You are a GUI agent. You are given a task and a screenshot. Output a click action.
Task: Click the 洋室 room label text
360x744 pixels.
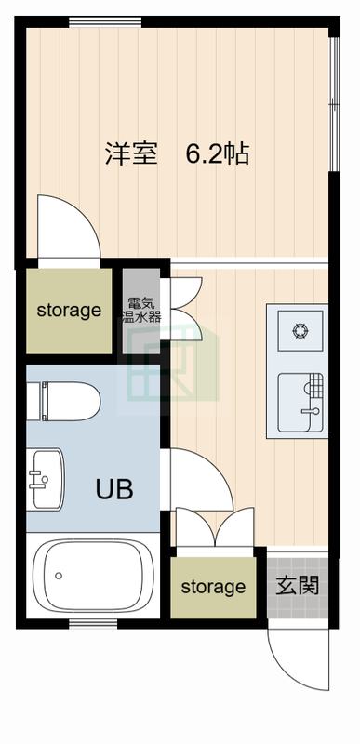click(131, 153)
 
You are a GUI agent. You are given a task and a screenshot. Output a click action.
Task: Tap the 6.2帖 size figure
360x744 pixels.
click(218, 153)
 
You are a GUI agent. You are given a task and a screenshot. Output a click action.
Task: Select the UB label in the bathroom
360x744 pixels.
click(114, 489)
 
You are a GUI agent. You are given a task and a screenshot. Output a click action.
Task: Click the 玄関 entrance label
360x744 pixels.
click(298, 586)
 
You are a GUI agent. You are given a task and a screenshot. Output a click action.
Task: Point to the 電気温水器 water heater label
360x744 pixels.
click(141, 310)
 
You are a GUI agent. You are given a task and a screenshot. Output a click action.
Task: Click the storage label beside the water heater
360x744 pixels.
click(69, 311)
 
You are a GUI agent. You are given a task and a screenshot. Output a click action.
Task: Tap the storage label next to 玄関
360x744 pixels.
click(213, 587)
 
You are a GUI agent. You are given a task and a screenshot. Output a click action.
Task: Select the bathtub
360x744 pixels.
click(93, 575)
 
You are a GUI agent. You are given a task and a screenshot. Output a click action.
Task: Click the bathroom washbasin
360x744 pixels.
click(46, 479)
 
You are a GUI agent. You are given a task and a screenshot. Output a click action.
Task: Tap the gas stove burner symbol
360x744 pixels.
click(300, 330)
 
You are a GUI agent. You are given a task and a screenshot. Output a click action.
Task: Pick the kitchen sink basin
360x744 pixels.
click(300, 403)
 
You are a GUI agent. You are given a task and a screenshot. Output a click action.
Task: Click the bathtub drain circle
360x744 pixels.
click(59, 576)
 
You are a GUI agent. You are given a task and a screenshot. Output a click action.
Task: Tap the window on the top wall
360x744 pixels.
click(105, 22)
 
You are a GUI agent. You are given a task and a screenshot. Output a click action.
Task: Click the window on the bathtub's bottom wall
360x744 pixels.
click(94, 623)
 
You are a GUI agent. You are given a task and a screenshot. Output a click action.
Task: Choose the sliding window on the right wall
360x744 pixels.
click(334, 103)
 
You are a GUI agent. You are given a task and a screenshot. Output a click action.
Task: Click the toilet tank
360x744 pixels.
click(33, 401)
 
